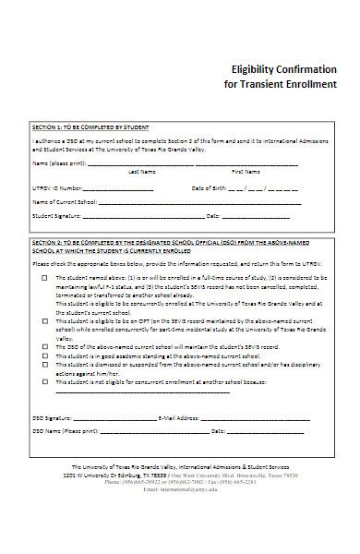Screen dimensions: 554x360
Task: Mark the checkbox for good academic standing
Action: click(44, 353)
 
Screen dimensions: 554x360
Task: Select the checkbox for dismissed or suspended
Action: click(44, 362)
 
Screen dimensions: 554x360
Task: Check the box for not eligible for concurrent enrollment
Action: click(44, 379)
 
